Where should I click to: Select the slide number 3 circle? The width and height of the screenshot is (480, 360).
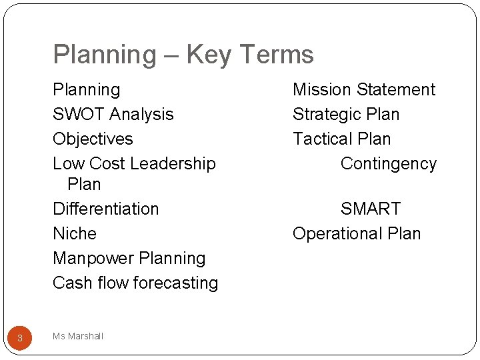[20, 338]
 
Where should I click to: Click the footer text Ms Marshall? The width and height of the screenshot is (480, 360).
[78, 337]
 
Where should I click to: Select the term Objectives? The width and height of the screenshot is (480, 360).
[93, 139]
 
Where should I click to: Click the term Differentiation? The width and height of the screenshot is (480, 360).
[106, 209]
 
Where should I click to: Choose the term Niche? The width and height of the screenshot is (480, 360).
[75, 234]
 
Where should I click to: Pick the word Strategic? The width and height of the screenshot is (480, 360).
[326, 115]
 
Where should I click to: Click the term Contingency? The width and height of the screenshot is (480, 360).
[389, 164]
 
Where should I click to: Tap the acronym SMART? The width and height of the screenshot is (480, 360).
[371, 209]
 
